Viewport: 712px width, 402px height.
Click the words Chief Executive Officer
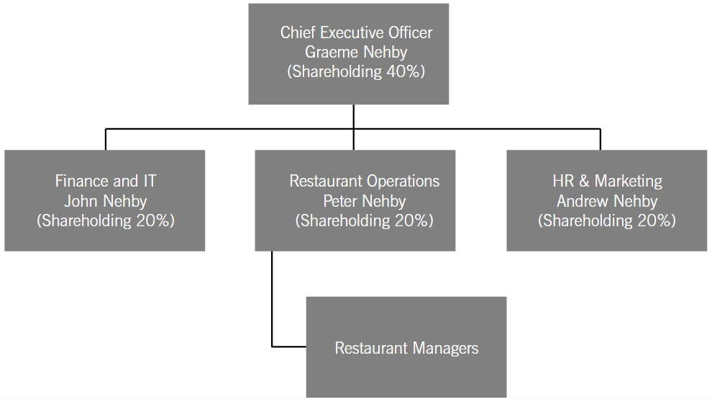pos(356,32)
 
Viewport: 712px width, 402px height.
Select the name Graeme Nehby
pos(356,53)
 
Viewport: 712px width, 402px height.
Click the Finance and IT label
pos(105,181)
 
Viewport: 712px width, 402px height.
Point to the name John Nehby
pos(105,201)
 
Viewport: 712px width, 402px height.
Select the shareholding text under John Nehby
pos(105,220)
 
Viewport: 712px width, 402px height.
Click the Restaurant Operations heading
pos(364,181)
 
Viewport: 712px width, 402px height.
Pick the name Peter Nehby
pos(364,201)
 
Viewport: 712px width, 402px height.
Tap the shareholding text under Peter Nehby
pos(364,220)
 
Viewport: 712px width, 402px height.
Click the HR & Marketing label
pos(607,181)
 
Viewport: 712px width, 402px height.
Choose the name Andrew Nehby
pos(607,201)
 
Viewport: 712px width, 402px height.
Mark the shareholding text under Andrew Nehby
pos(607,220)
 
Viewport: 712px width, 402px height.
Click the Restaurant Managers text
pos(406,349)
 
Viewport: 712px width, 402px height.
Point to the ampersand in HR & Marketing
pos(584,181)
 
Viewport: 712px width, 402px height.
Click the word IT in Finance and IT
pos(150,181)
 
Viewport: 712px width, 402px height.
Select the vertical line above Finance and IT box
pos(105,140)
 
